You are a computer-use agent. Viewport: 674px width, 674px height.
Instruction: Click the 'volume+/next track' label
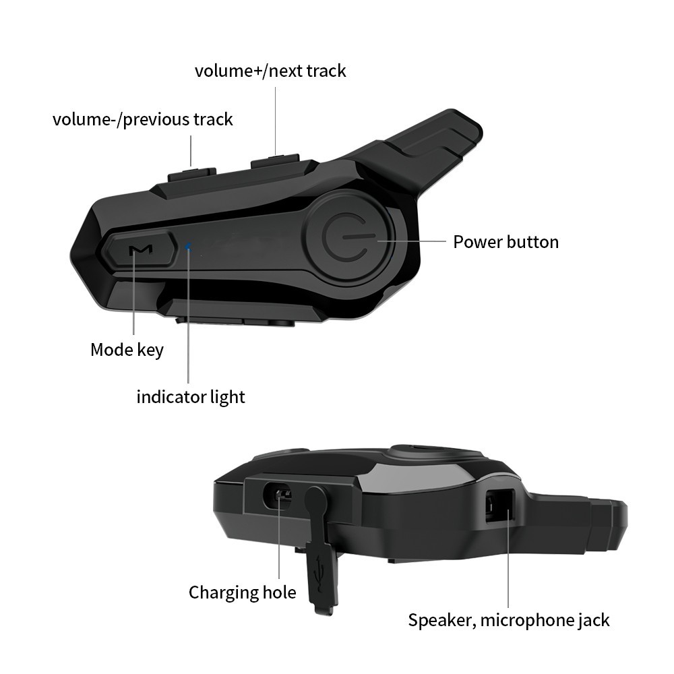[270, 71]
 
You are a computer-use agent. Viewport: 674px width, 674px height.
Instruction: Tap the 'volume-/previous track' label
[143, 119]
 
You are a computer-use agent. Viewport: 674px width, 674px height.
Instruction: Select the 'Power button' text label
[506, 242]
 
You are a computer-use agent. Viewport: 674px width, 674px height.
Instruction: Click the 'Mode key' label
[127, 350]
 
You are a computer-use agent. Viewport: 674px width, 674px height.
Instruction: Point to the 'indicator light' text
[191, 397]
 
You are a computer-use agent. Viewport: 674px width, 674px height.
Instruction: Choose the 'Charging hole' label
[243, 592]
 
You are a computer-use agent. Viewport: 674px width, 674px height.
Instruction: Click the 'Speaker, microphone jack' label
[508, 620]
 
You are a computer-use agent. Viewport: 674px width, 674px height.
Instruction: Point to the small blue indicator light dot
[188, 246]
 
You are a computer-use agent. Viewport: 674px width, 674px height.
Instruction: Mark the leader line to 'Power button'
[412, 241]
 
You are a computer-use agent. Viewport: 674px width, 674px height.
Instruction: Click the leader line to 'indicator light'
[188, 314]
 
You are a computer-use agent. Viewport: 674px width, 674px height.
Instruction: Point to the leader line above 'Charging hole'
[279, 537]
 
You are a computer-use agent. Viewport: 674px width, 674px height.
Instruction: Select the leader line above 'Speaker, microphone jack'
[508, 558]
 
